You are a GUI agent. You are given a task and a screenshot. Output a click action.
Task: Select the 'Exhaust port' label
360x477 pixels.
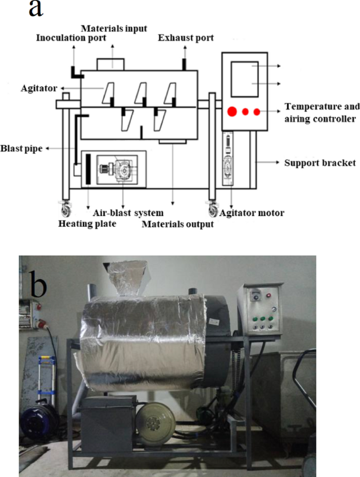pyautogui.click(x=186, y=37)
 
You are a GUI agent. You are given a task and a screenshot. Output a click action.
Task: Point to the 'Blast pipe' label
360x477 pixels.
pyautogui.click(x=22, y=149)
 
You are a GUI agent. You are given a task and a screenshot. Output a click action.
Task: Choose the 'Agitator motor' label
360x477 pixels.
pyautogui.click(x=252, y=213)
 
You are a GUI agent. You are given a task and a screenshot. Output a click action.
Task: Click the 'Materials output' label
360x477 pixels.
pyautogui.click(x=178, y=224)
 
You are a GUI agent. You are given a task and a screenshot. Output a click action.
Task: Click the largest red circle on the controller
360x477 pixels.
pyautogui.click(x=231, y=111)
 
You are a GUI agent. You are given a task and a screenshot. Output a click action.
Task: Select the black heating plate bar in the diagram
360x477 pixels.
pyautogui.click(x=88, y=169)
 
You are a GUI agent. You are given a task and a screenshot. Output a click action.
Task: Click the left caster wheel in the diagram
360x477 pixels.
pyautogui.click(x=66, y=211)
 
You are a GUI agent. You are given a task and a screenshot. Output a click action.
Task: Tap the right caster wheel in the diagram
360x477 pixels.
pyautogui.click(x=213, y=211)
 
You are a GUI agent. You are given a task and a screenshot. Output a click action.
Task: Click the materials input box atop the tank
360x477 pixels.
pyautogui.click(x=111, y=64)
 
